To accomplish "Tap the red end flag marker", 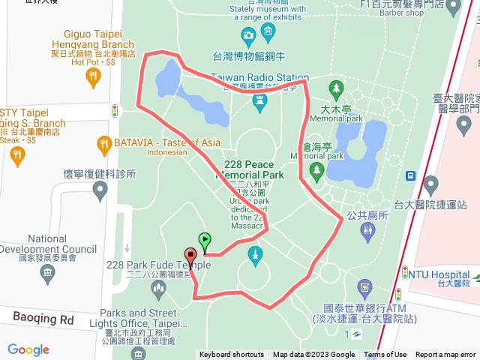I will (x=190, y=256).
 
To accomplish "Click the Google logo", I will (x=28, y=349).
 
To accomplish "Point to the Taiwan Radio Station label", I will (x=259, y=77).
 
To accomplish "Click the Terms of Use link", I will (x=385, y=355).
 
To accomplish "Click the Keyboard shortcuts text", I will (x=232, y=355).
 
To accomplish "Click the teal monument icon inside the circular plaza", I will (x=256, y=256).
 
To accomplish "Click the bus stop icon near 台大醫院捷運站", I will (x=410, y=175).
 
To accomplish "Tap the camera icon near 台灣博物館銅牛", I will (x=248, y=35).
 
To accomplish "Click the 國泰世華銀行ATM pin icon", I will (x=364, y=287).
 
